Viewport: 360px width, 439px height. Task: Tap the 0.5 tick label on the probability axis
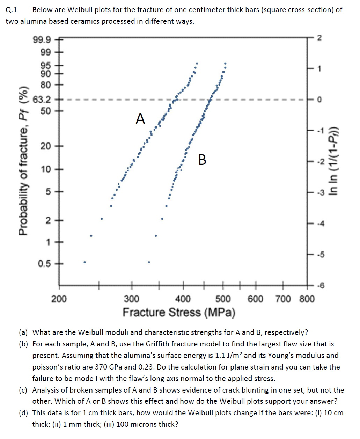coord(44,263)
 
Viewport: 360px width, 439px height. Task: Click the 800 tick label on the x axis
coord(307,299)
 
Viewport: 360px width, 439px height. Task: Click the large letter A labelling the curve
coord(140,119)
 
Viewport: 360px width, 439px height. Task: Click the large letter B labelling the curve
coord(202,160)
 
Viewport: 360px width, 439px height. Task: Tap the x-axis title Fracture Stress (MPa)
coord(179,312)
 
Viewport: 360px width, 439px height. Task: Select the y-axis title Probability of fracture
coord(23,161)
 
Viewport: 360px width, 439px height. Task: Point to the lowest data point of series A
coord(84,262)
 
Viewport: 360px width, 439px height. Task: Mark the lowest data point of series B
coord(149,262)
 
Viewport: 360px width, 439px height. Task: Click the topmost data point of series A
coord(197,63)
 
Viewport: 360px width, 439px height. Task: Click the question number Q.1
coord(13,10)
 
